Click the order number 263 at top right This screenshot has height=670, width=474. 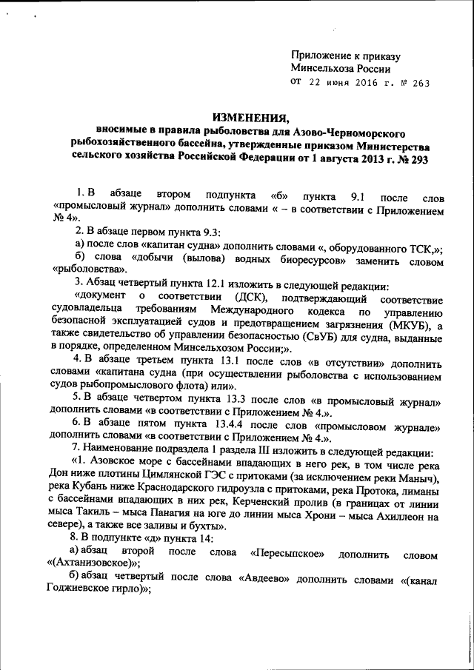pos(418,83)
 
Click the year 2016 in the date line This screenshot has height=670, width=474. pos(355,83)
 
